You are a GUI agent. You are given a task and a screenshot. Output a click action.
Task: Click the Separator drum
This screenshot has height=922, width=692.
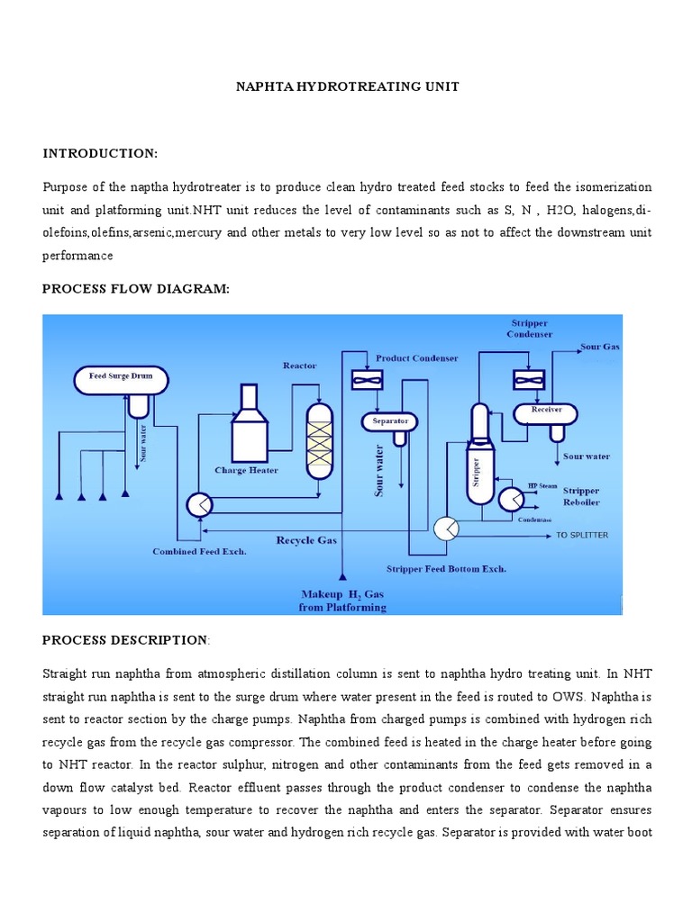(390, 420)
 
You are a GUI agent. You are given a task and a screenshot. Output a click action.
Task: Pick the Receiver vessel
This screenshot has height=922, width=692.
(546, 411)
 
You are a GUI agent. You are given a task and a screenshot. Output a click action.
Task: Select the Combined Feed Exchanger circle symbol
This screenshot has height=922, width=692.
(198, 504)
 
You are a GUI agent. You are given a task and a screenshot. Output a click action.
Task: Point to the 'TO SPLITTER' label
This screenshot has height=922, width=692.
(582, 535)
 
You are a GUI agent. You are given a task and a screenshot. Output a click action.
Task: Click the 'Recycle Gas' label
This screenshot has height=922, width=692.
(307, 540)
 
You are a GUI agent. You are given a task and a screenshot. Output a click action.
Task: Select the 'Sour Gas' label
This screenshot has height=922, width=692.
(600, 347)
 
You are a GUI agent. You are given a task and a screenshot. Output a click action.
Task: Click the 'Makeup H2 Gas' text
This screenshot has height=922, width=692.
(342, 594)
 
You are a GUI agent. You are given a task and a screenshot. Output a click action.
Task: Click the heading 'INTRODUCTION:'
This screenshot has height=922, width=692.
(100, 153)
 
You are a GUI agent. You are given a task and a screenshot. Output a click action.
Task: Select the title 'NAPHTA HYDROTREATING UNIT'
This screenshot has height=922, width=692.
(347, 86)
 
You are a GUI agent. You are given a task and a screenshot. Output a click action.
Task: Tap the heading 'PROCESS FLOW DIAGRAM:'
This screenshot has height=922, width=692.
(136, 288)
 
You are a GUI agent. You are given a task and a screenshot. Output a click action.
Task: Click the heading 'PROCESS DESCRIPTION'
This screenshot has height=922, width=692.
(124, 639)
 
